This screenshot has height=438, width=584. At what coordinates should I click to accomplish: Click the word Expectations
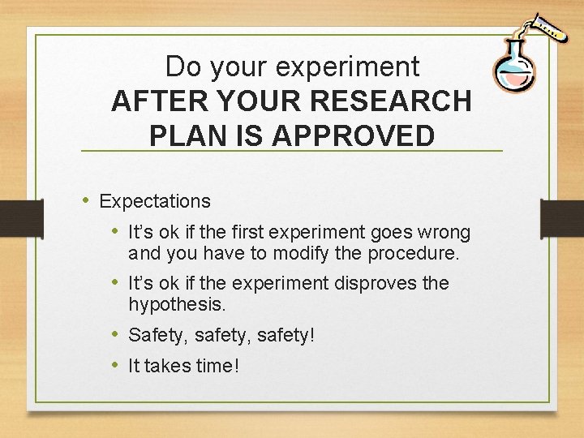point(155,201)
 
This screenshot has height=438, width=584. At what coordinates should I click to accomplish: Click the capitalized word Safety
point(157,334)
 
